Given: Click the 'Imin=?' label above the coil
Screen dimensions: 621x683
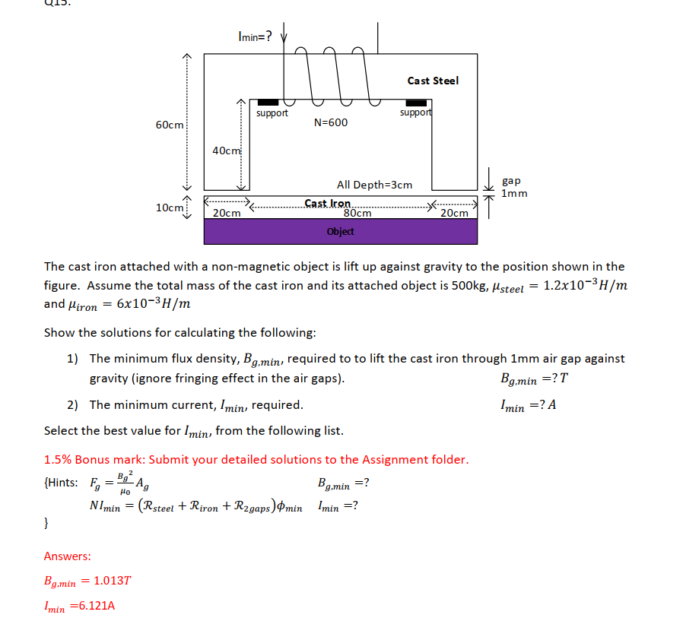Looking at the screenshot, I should pos(254,35).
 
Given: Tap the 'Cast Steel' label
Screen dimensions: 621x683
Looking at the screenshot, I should pos(433,81).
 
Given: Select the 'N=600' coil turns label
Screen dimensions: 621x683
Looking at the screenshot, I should pos(330,122).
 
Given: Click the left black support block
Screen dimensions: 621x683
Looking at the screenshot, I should pos(268,103).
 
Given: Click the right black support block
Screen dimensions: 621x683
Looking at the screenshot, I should pos(416,103).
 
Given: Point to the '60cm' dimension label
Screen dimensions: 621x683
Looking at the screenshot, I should pos(169,125).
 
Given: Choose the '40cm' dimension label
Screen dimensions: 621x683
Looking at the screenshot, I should pos(226,150).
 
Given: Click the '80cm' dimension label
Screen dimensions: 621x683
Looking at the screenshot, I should pos(357,214).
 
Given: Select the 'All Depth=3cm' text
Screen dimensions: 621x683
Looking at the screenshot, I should pos(374,185).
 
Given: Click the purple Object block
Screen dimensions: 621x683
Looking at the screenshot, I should pos(340,231).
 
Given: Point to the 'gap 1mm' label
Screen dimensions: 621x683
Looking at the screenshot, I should pos(513,187).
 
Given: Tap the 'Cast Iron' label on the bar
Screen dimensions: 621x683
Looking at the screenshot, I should pos(328,204).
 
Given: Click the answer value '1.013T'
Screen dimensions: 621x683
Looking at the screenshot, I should pos(110,581).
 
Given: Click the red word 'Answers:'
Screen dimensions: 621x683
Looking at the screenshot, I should pos(68,556).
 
